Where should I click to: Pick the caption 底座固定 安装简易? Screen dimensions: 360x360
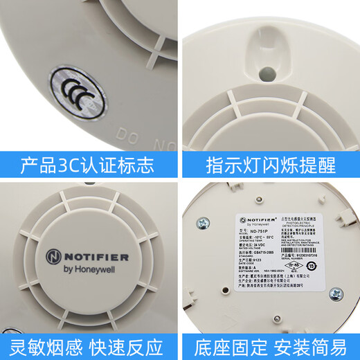270,344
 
